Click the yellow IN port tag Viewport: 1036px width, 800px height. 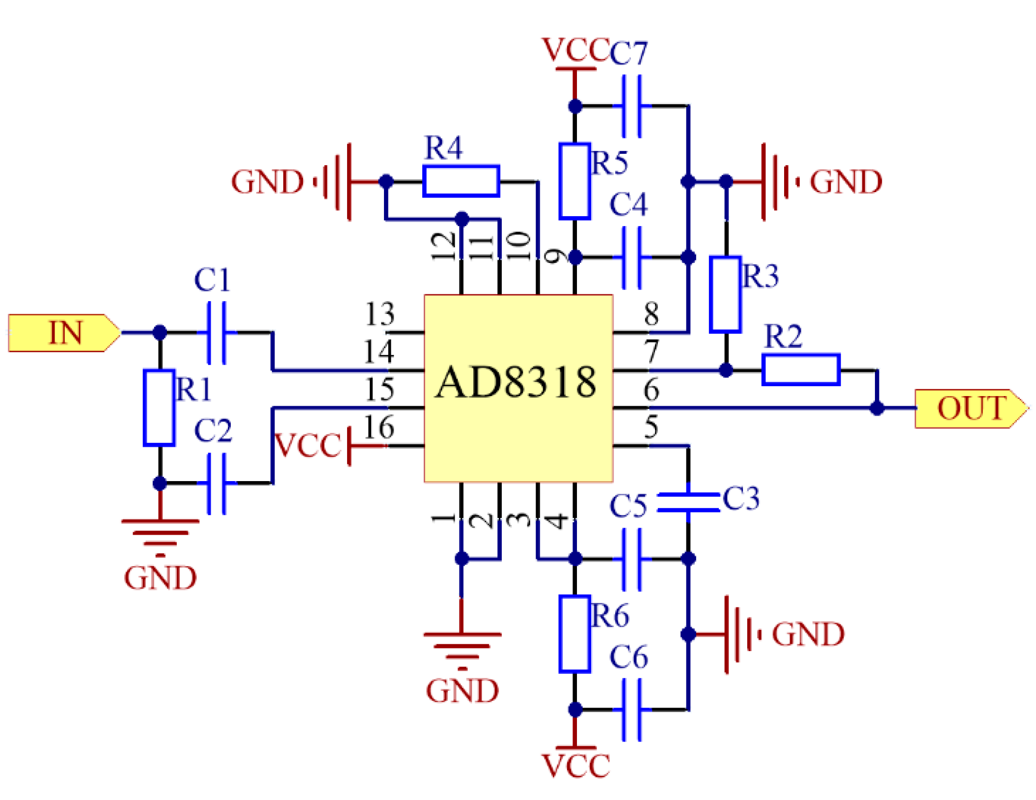64,333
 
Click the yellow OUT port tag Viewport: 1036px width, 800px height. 970,408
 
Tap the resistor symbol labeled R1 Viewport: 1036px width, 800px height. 159,407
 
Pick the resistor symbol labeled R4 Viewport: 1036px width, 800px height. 461,181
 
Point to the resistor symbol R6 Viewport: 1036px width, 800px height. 574,633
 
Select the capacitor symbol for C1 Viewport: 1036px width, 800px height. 217,333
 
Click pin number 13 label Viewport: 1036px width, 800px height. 380,314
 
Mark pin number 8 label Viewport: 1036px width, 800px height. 651,314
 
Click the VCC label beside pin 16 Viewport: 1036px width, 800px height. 307,445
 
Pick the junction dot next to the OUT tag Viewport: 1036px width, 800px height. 876,408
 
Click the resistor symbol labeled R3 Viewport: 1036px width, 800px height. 725,294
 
